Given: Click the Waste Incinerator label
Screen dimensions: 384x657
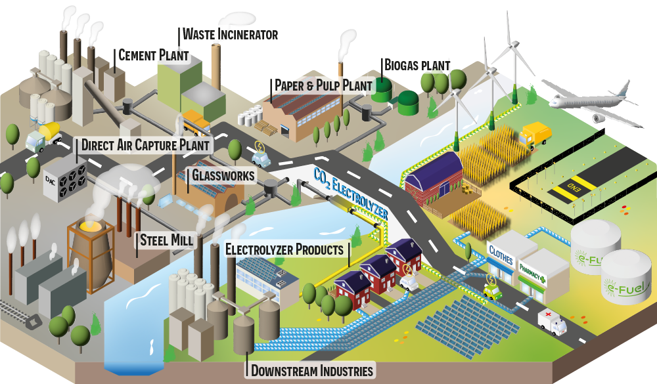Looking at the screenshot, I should pos(230,34).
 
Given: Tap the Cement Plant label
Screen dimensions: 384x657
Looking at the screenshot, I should pos(153,55).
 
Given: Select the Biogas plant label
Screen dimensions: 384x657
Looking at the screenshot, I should pos(417,66).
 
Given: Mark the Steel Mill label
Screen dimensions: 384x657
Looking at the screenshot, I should pos(167,240).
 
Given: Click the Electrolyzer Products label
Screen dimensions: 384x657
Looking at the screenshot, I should pos(284,250).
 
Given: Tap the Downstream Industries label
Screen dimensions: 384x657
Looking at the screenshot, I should pos(312,370).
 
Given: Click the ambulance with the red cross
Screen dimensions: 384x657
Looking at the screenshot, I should pos(551,322).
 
